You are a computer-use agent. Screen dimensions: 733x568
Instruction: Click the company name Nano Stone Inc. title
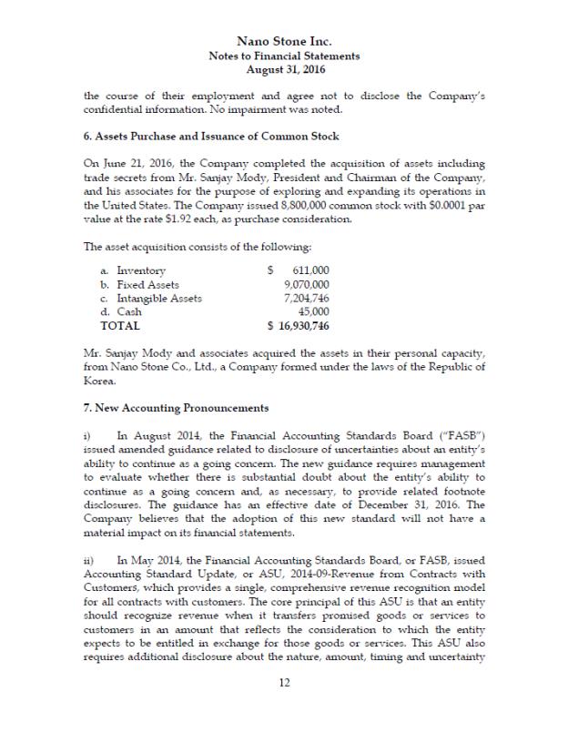click(x=284, y=41)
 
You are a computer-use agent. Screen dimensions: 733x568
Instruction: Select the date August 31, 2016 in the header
click(x=284, y=69)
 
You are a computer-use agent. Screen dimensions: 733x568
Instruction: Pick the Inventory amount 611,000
click(x=310, y=270)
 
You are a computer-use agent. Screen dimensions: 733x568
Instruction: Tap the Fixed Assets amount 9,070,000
click(x=307, y=284)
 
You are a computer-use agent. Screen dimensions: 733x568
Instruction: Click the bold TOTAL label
click(x=120, y=325)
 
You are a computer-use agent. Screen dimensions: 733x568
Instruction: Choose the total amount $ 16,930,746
click(x=298, y=325)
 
